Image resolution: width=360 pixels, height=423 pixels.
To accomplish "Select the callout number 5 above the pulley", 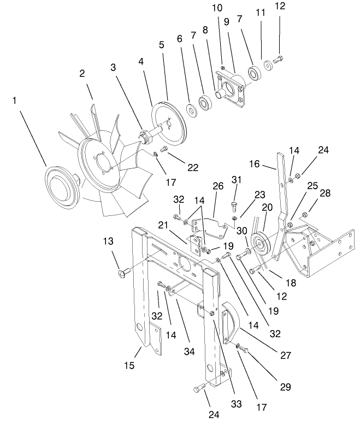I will point(161,45).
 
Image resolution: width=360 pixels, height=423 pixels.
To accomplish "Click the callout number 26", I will point(218,186).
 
